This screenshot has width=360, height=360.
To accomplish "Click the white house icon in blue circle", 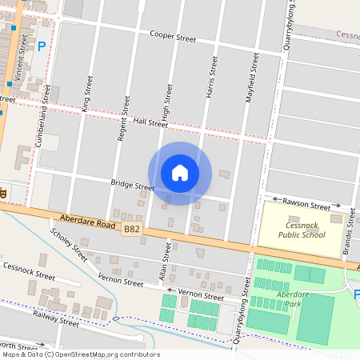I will pos(180,173).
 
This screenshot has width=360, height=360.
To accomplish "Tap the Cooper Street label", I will pos(173,38).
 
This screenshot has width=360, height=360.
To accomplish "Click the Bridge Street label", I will pos(133,186).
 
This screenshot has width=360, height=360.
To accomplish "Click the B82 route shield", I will pos(132,230).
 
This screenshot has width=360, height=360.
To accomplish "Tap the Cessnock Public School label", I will pos(302,230).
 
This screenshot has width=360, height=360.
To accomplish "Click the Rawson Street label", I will pos(307,206).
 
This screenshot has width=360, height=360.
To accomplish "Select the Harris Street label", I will pos(212,77).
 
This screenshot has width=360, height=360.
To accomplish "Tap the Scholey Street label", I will pos(69,245).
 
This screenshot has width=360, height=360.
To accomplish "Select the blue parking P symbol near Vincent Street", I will pos(41,47).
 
